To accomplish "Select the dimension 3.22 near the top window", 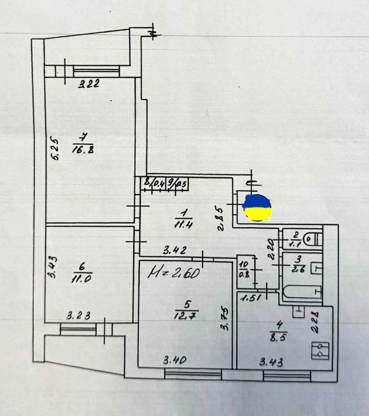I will click(88, 84).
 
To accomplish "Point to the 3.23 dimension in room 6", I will click(78, 316).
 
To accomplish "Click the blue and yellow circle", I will click(257, 208).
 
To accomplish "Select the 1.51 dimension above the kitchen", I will click(250, 298).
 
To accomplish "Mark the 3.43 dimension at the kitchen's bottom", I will click(271, 362).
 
